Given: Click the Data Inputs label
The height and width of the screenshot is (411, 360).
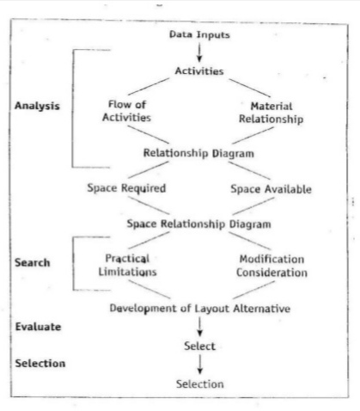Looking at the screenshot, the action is coord(199,35).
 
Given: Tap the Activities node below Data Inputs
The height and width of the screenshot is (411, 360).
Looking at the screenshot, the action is coord(199,71).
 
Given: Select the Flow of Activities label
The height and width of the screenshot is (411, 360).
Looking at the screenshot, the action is coord(127,111).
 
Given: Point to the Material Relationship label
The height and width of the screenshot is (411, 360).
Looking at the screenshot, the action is coord(272,113).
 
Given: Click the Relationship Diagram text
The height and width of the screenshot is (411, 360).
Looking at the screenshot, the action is coord(198,153).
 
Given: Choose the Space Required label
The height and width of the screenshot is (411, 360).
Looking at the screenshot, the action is coord(126,188).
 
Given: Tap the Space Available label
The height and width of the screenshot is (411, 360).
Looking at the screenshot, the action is coord(272,189).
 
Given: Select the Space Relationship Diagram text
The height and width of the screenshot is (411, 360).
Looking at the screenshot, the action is coord(199,224).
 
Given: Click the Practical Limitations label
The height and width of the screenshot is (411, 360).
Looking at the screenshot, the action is coord(127,265).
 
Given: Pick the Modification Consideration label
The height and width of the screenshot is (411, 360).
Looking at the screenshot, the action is coord(272,266).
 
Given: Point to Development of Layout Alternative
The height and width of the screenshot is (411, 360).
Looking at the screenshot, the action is coord(200,309).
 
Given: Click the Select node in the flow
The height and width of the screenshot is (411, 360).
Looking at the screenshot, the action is coord(199,346).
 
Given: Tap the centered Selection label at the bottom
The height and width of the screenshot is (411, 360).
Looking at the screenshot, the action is coord(200,384).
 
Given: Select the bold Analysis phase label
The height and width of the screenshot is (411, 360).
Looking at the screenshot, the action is coord(37,106).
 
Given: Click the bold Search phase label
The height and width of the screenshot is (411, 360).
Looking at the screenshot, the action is coord(33,262).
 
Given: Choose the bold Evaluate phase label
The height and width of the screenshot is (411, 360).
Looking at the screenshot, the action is coord(38,327).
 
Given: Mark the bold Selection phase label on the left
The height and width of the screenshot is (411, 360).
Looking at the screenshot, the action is coord(40,364).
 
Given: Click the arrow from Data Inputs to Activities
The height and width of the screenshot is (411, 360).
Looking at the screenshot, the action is coord(199,52).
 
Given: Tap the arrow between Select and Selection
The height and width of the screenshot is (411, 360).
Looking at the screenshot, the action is coord(200,365).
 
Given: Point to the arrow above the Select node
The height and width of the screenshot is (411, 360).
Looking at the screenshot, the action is coord(200,327).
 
